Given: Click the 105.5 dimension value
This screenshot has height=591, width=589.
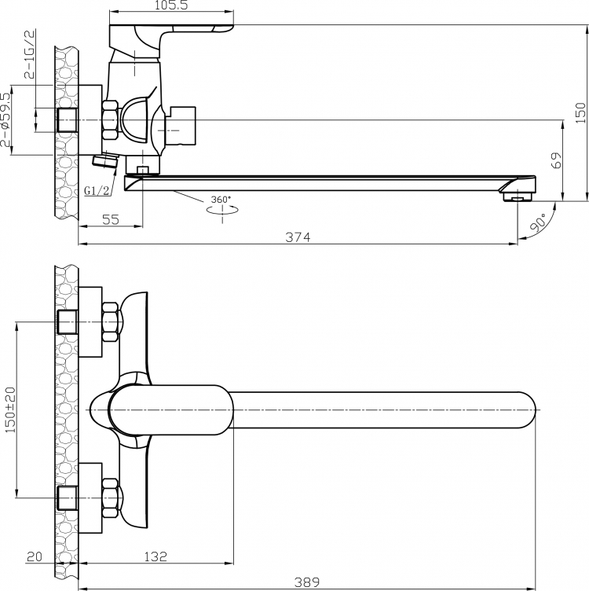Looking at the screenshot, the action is pos(171,6).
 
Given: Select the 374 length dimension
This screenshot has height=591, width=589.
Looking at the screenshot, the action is pos(298,237).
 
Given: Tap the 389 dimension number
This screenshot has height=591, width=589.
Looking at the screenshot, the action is pos(307,582).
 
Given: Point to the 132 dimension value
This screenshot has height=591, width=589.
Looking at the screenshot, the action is pos(155,556).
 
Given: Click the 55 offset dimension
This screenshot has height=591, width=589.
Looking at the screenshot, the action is pos(111,219).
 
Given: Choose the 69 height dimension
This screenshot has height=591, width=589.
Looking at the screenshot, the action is pos(555,160).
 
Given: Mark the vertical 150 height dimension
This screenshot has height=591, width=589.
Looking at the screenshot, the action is pos(581,112).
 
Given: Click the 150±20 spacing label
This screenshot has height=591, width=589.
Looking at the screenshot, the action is pos(10,409).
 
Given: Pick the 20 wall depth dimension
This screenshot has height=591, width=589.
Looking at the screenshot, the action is pos(35,556).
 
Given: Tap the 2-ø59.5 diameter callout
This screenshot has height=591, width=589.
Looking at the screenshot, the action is pos(5,120).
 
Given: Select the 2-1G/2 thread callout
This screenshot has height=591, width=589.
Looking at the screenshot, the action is pos(29,54).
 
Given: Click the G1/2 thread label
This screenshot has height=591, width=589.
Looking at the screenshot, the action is pos(97,191).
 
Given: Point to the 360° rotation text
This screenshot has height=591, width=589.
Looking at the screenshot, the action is pos(221,200).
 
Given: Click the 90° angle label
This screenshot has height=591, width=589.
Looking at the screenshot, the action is pos(537,222).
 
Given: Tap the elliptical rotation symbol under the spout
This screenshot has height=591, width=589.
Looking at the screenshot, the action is pos(222,210).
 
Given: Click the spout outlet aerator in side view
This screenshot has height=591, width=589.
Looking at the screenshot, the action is pos(517,196).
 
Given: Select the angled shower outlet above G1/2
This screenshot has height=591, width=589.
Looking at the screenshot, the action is pos(104,161).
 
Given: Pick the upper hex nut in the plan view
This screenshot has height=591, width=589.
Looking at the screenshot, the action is pos(111,321).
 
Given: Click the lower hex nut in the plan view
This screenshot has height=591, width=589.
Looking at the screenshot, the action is pos(111,498).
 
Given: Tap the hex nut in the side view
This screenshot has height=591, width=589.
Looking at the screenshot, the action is pos(111,120).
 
